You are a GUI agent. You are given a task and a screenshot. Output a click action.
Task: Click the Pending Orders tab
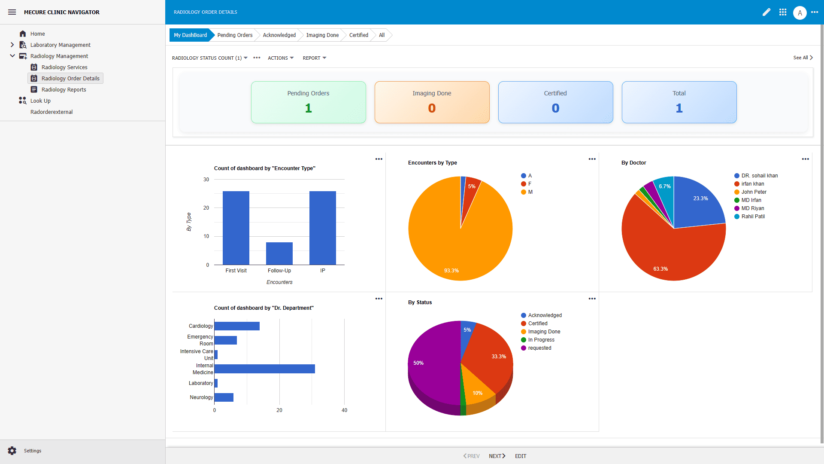click(234, 35)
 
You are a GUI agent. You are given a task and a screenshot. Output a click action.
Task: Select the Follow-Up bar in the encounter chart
click(279, 253)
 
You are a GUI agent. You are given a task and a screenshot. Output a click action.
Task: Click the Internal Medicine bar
click(264, 369)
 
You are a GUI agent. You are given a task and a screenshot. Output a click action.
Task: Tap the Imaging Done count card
click(432, 102)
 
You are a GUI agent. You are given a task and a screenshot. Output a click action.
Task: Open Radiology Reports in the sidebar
click(64, 89)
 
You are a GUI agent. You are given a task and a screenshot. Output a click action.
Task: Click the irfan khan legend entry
click(752, 184)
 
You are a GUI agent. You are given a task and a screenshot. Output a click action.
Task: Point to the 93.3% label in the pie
click(451, 271)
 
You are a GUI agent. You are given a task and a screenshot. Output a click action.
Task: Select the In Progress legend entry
click(541, 340)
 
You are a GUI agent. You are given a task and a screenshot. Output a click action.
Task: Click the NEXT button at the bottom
click(497, 456)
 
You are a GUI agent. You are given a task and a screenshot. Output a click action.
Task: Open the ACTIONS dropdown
click(280, 58)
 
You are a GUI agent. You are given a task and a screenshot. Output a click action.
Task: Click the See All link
click(802, 58)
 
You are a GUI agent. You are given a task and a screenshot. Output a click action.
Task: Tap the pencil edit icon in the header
click(766, 12)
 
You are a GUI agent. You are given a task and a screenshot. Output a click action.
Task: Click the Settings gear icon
click(12, 451)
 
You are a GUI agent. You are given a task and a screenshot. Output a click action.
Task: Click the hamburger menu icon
click(12, 12)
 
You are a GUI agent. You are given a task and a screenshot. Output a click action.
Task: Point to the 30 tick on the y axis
click(206, 180)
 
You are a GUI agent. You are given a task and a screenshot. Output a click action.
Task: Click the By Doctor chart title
click(633, 163)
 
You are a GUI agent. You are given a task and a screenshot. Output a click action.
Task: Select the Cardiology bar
click(237, 326)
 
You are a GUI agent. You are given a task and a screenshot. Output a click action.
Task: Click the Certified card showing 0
click(555, 102)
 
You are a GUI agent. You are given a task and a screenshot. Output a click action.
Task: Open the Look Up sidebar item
click(40, 101)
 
